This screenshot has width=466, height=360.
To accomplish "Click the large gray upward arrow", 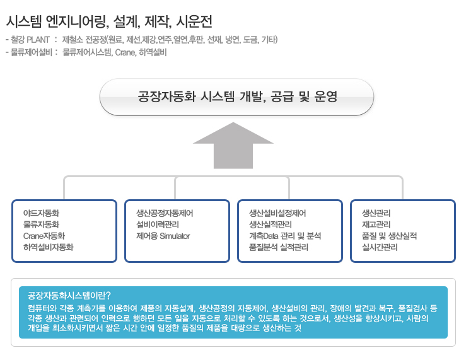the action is point(233,146).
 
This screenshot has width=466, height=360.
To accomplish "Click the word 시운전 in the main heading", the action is point(194,21).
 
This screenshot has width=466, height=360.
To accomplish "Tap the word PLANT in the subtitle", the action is point(38,40).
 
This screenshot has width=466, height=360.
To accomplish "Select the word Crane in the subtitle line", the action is point(125,52).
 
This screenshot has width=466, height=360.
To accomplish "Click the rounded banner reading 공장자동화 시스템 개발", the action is point(236,97).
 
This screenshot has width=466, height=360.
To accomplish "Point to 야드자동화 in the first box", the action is point(42,213).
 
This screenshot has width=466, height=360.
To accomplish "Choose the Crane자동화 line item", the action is point(44,236).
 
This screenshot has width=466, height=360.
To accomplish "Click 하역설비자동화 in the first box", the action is point(48,247).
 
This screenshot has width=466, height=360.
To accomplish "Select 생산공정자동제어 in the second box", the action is point(165,213).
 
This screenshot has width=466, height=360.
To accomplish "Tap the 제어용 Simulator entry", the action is point(163,236).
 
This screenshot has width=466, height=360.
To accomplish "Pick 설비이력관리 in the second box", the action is point(158,224).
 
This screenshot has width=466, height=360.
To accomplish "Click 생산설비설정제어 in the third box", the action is point(277,213).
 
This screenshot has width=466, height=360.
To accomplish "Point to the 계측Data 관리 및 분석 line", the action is point(285,236).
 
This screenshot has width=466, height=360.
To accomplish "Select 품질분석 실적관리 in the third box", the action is point(279,247).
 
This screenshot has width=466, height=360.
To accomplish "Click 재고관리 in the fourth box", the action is point(376,224).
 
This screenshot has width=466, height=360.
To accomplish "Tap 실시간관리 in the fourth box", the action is point(380,247).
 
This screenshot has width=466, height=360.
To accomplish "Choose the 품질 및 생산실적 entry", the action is point(389,236).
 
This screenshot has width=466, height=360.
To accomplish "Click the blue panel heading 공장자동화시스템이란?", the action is point(69,296).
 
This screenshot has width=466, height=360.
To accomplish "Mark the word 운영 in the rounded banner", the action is point(326,96).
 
